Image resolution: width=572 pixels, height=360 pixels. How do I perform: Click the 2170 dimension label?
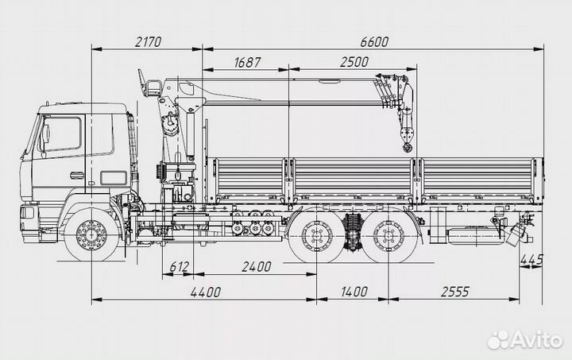point(148,42)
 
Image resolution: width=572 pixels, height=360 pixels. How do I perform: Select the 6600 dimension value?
point(374,42)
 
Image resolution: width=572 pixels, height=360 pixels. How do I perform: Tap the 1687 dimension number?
point(247,62)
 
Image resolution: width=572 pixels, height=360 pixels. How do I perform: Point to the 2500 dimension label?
point(354,62)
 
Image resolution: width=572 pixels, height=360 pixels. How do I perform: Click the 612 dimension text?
point(180,267)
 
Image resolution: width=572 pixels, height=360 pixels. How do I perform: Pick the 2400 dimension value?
point(257,267)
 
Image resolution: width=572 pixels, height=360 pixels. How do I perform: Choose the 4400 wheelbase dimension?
point(206,292)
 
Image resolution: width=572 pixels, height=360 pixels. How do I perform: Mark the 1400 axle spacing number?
point(354,292)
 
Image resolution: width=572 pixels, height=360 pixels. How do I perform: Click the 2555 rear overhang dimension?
point(454,292)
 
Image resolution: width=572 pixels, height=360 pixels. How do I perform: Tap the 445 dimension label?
point(531,260)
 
